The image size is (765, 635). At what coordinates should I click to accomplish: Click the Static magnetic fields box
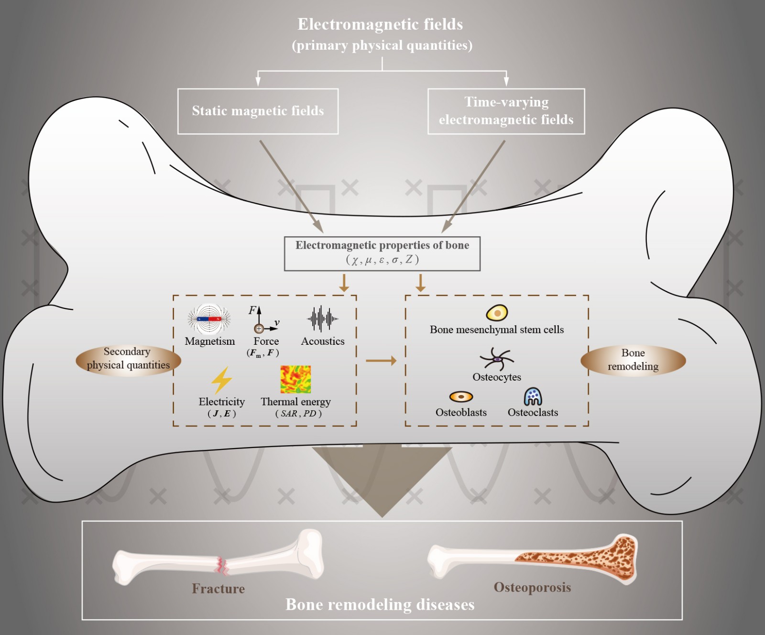pos(258,111)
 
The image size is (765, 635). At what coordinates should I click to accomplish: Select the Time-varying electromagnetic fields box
pos(506,111)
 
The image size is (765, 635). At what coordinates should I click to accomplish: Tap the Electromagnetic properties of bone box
pos(382,253)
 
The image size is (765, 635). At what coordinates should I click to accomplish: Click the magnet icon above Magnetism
pos(209,319)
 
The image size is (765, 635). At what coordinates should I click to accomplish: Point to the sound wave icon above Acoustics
pos(322,318)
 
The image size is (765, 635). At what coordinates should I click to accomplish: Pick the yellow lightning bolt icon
pos(221,380)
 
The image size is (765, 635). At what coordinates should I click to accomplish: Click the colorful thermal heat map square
pos(295,379)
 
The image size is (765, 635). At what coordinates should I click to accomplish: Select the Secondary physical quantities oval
pos(128,359)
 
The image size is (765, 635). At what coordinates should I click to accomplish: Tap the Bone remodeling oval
pos(633,360)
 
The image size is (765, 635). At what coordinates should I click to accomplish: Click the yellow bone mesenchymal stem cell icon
pos(497,313)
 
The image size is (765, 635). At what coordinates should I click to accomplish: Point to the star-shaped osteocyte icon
pos(497,359)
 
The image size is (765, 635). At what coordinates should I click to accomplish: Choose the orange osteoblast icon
pos(461,396)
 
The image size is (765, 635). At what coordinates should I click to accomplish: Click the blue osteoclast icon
pos(533,396)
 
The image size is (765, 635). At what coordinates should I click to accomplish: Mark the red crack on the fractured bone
pos(222,566)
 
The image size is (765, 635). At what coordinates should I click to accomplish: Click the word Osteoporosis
pos(532,587)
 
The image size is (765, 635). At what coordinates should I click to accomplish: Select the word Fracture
pos(218,589)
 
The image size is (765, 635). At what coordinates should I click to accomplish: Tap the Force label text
pos(266,341)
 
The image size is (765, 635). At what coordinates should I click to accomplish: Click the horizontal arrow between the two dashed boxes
pos(381,361)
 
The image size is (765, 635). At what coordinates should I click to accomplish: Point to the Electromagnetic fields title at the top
pos(381,24)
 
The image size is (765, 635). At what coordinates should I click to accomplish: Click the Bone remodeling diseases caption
pos(380,605)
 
